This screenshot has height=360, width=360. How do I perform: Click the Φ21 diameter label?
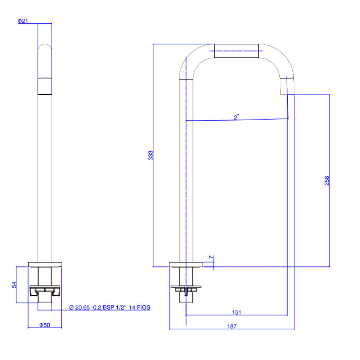(x=23, y=21)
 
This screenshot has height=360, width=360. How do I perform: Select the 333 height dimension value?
(x=150, y=156)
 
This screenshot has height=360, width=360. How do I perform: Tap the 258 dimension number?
(x=327, y=181)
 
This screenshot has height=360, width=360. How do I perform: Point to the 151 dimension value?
(x=237, y=312)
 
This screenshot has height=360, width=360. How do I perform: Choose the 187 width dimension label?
(x=231, y=326)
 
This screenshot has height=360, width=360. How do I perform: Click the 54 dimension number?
(x=14, y=285)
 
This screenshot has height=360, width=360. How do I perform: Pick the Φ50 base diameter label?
(x=45, y=325)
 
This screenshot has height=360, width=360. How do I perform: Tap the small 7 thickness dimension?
(x=211, y=257)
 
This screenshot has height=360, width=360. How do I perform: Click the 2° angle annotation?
(x=236, y=117)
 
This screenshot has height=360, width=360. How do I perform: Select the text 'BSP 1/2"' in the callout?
(x=114, y=307)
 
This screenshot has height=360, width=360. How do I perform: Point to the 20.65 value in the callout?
(x=82, y=307)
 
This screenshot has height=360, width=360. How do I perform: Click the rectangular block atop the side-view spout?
(x=236, y=51)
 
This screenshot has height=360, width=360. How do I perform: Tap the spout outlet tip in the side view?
(x=287, y=86)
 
